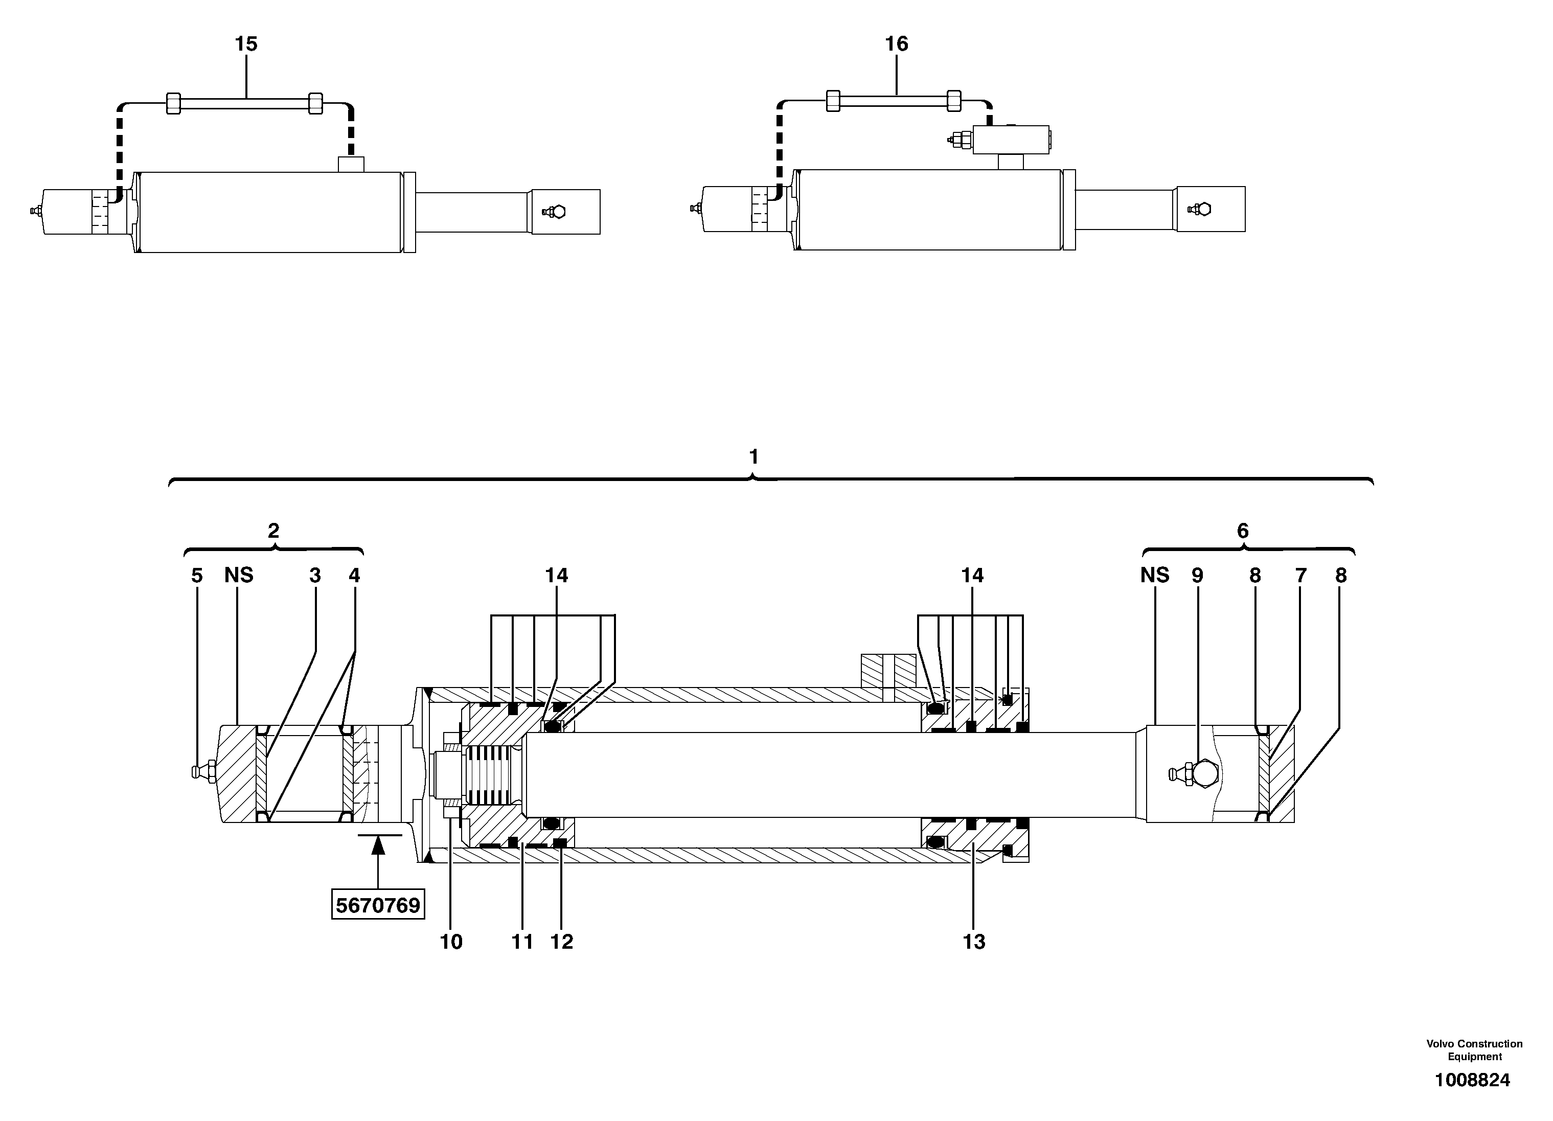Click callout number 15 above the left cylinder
click(246, 44)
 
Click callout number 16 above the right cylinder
click(896, 44)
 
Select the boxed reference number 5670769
click(378, 905)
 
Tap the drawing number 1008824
click(1472, 1080)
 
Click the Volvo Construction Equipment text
click(1474, 1050)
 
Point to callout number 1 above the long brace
click(753, 457)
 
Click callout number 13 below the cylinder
click(974, 942)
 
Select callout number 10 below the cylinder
click(450, 942)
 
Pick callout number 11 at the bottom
click(522, 942)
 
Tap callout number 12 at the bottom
click(561, 942)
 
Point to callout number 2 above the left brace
click(273, 531)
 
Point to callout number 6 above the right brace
click(1243, 531)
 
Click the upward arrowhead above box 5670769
click(378, 847)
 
